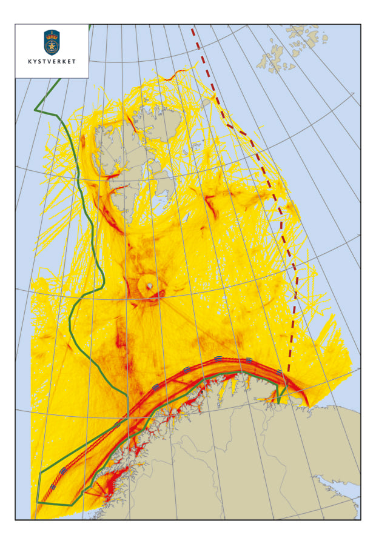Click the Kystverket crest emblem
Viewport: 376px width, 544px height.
click(x=52, y=42)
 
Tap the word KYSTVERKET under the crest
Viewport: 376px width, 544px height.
click(x=52, y=62)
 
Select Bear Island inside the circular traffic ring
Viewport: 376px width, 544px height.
click(x=149, y=286)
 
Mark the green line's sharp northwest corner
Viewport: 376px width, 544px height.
click(x=35, y=110)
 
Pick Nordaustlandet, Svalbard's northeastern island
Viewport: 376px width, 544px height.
click(x=155, y=118)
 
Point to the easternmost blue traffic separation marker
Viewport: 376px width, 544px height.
click(x=280, y=371)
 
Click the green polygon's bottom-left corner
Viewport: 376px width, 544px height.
click(x=37, y=502)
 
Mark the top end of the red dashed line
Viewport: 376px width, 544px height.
click(x=192, y=28)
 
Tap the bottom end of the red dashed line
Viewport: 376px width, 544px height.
click(x=289, y=371)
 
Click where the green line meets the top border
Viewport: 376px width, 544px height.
click(x=90, y=25)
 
